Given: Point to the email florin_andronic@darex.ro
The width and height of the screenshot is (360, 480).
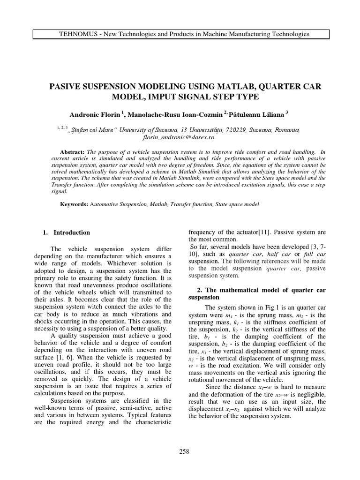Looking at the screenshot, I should (x=178, y=138).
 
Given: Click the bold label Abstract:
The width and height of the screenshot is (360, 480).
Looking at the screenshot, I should (x=72, y=152).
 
